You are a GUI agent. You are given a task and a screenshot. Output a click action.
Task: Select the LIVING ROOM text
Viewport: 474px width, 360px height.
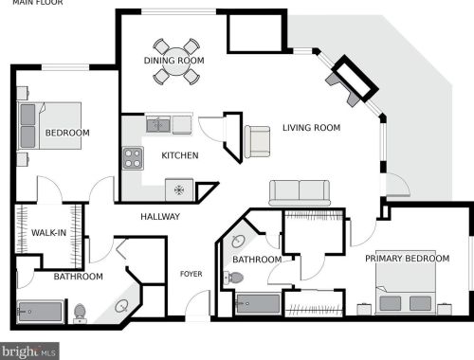(311, 128)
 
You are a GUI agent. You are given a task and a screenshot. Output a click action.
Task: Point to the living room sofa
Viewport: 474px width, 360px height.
(300, 191)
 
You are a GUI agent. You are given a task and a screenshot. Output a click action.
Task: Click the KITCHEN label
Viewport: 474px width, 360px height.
(180, 155)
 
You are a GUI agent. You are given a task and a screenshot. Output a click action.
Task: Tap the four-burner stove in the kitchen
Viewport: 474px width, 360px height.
(132, 158)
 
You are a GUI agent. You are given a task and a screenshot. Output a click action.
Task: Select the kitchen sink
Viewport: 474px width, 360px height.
(157, 124)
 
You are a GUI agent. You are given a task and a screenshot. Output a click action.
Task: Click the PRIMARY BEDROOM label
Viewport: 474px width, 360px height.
(408, 258)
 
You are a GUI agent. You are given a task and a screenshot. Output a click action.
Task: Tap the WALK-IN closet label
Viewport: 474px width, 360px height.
(48, 233)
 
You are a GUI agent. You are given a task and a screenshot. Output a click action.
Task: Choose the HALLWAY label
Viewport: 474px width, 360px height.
(160, 217)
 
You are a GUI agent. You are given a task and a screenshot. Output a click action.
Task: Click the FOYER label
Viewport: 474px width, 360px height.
(191, 275)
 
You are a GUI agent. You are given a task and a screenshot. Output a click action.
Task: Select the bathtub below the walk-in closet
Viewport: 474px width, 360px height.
(41, 311)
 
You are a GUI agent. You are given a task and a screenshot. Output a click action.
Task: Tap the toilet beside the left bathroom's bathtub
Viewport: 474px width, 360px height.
(81, 312)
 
